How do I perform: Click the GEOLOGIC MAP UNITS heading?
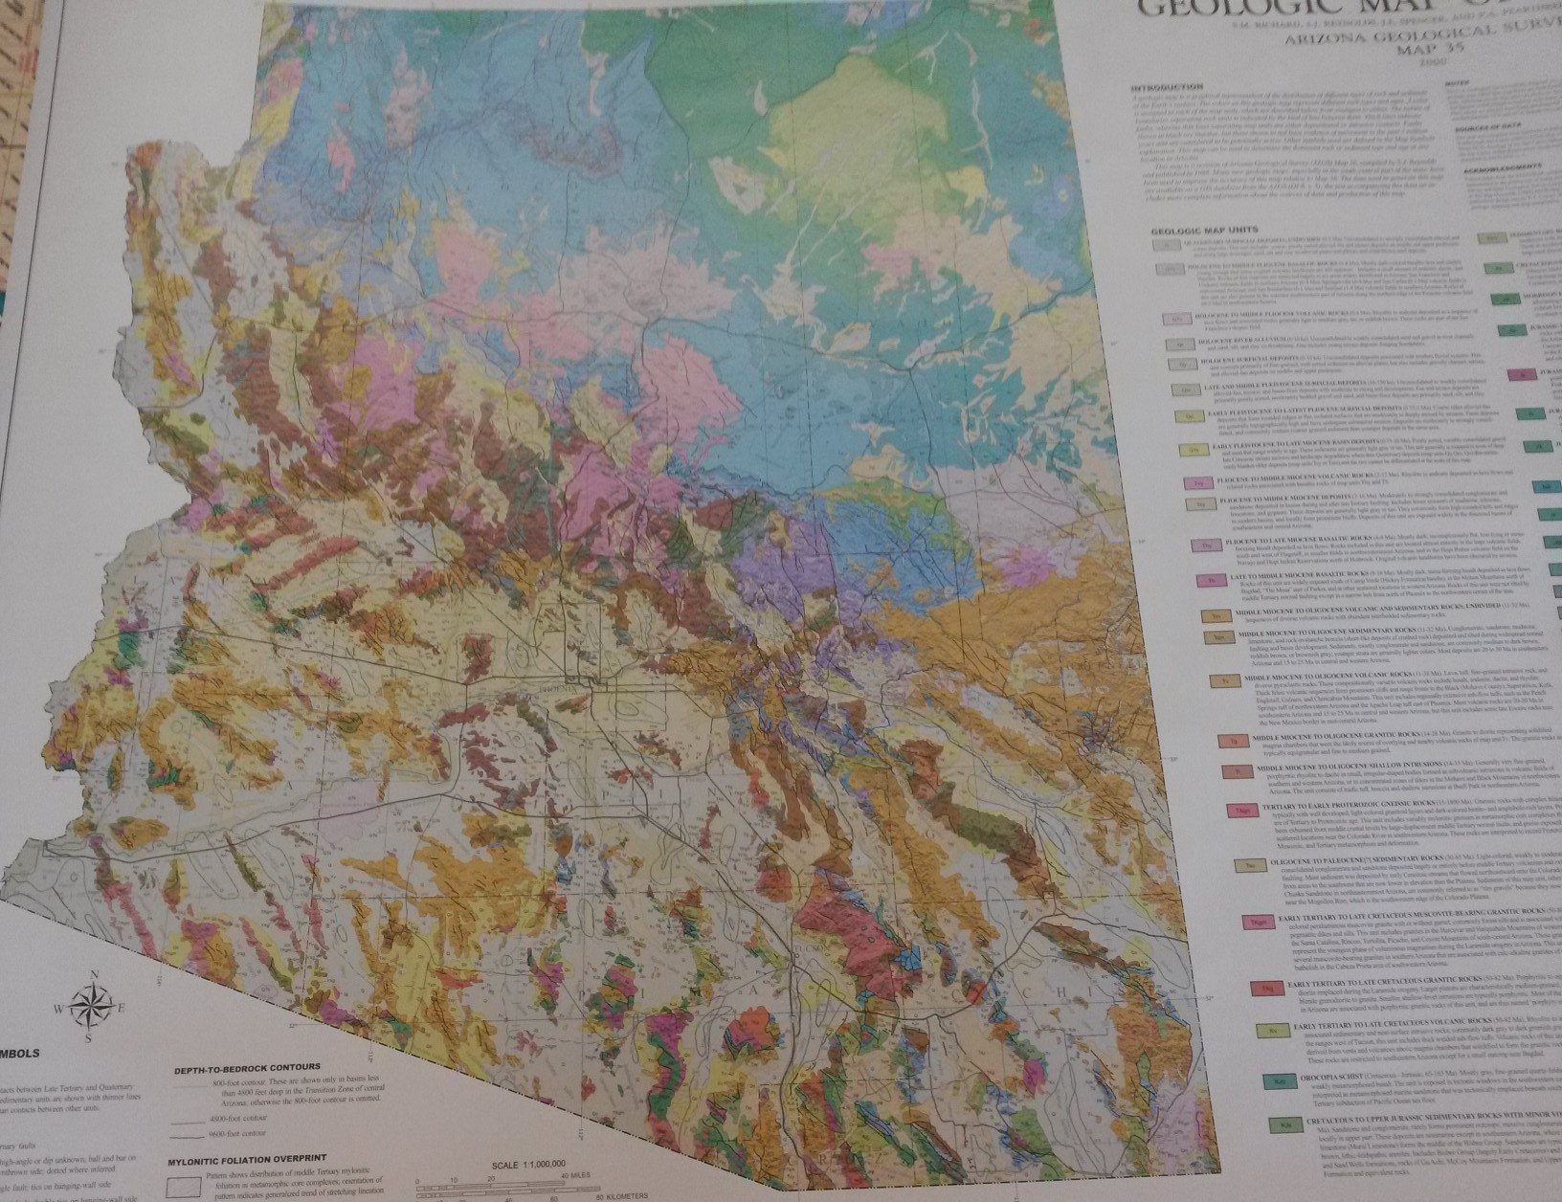(1203, 232)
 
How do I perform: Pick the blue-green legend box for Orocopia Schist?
(1278, 1081)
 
